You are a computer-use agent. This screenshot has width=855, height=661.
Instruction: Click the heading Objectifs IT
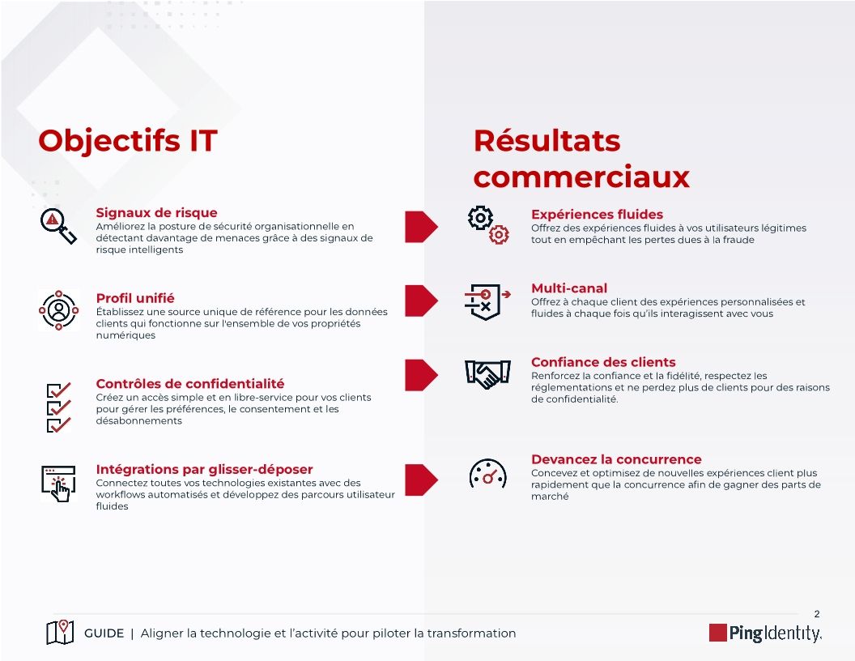tap(128, 141)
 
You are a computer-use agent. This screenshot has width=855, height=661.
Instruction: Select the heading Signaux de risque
tap(156, 213)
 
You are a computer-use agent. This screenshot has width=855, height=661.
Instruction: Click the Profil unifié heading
tap(135, 298)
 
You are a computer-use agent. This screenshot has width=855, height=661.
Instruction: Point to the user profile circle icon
tap(59, 309)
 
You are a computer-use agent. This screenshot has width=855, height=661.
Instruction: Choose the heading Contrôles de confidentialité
tap(190, 384)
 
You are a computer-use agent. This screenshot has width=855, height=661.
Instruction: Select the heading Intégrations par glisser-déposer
tap(204, 470)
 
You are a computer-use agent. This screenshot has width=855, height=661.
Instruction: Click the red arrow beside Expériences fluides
tap(420, 225)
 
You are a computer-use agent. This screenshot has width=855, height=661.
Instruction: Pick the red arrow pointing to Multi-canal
tap(420, 300)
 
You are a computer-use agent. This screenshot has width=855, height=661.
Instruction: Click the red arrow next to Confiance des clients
tap(420, 374)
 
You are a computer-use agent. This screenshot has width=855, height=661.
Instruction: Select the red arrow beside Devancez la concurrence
tap(420, 479)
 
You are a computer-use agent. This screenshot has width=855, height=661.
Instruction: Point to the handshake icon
tap(487, 373)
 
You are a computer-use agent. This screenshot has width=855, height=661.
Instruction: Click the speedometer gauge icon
tap(487, 475)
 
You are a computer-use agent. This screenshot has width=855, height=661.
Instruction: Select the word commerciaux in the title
tap(581, 177)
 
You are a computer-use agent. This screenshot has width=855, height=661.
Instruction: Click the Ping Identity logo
tap(765, 633)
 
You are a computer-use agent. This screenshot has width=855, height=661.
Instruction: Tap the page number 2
tap(816, 614)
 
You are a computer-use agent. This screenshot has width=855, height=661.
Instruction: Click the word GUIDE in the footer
tap(104, 633)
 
